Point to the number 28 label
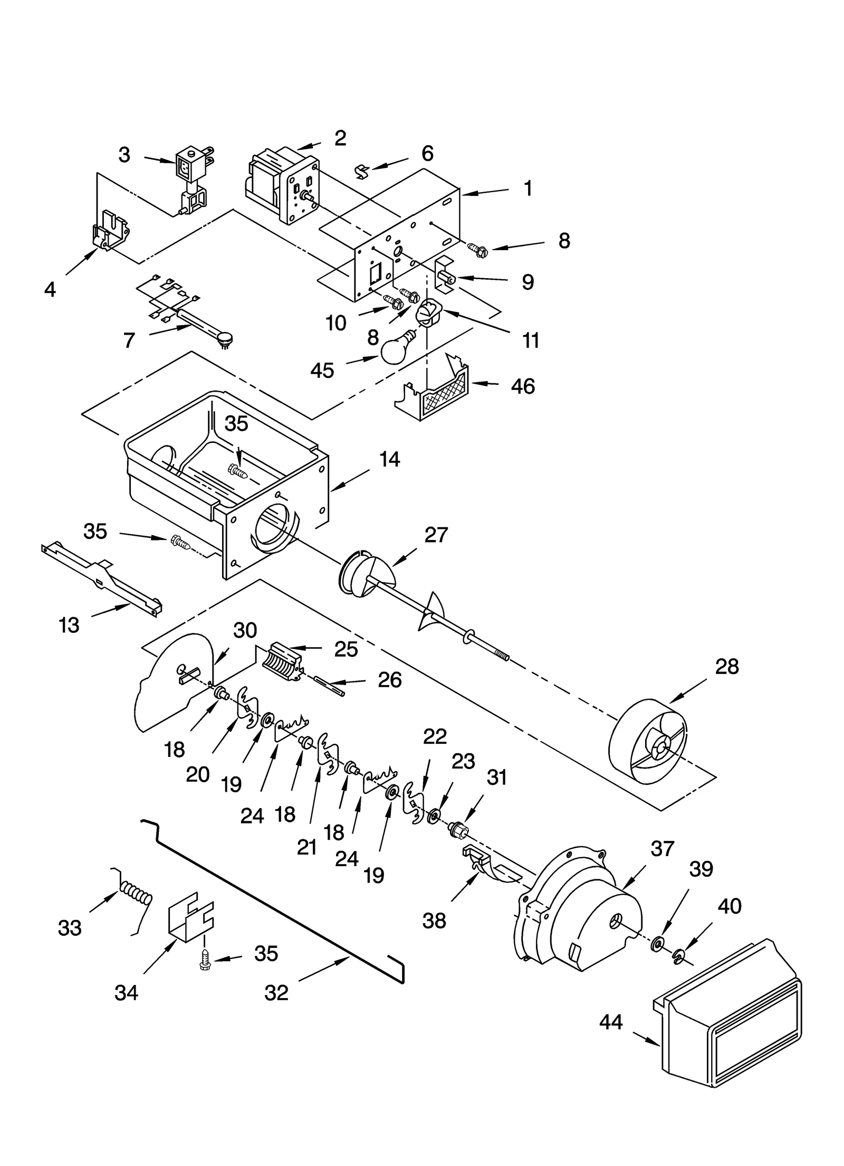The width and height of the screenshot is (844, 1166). point(727,667)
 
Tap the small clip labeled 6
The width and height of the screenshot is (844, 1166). point(362,170)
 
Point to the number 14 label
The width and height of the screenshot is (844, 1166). point(389,459)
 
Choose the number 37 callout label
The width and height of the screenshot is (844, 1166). point(663,849)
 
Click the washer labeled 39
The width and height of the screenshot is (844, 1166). point(657,942)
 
